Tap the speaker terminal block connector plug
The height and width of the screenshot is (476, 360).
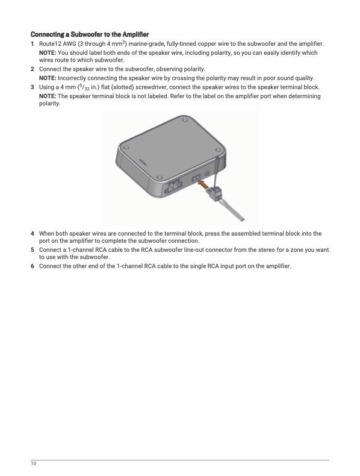click(x=214, y=192)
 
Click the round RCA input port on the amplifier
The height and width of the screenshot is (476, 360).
click(x=207, y=174)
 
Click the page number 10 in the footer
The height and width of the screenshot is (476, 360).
click(x=33, y=463)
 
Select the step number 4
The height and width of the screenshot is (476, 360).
click(x=32, y=233)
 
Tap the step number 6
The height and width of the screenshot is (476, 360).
click(x=32, y=266)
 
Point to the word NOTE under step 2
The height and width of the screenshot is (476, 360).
click(x=48, y=78)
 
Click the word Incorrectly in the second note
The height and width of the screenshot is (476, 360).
click(x=72, y=78)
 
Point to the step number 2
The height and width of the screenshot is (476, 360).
click(x=32, y=69)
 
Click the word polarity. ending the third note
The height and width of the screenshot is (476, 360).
click(x=50, y=104)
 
